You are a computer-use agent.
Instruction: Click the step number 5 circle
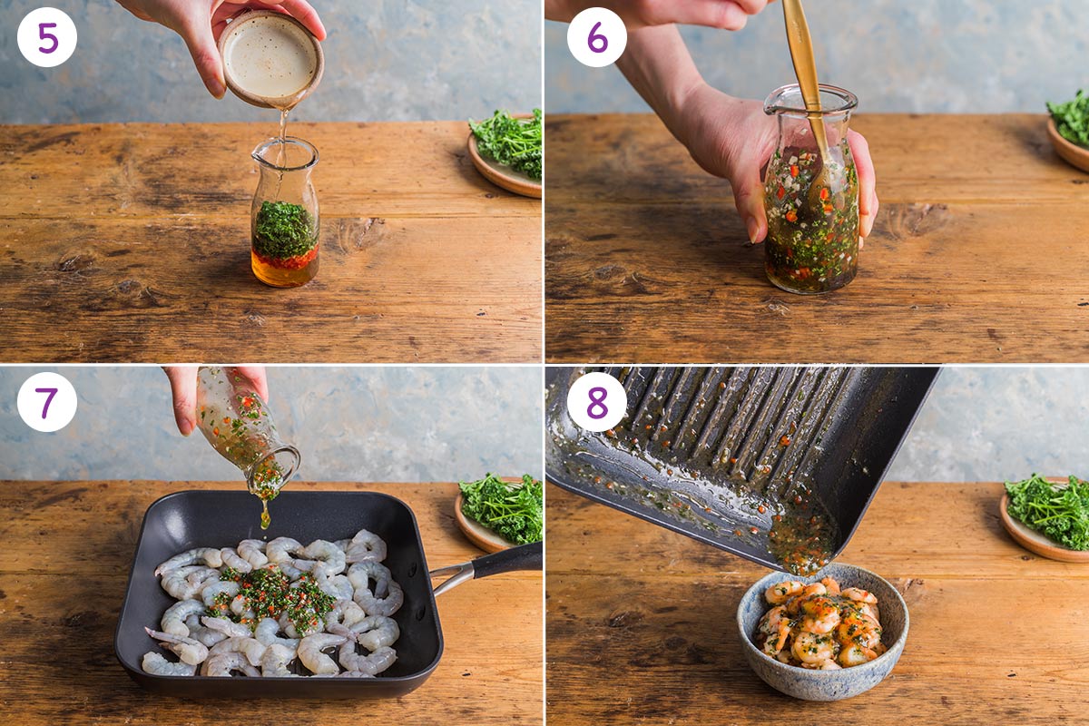click(x=47, y=38)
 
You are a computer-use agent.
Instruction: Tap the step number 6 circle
click(x=597, y=38)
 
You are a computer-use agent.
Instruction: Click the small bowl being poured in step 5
click(x=270, y=57)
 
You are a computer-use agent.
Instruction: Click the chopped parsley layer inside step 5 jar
click(x=284, y=231)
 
